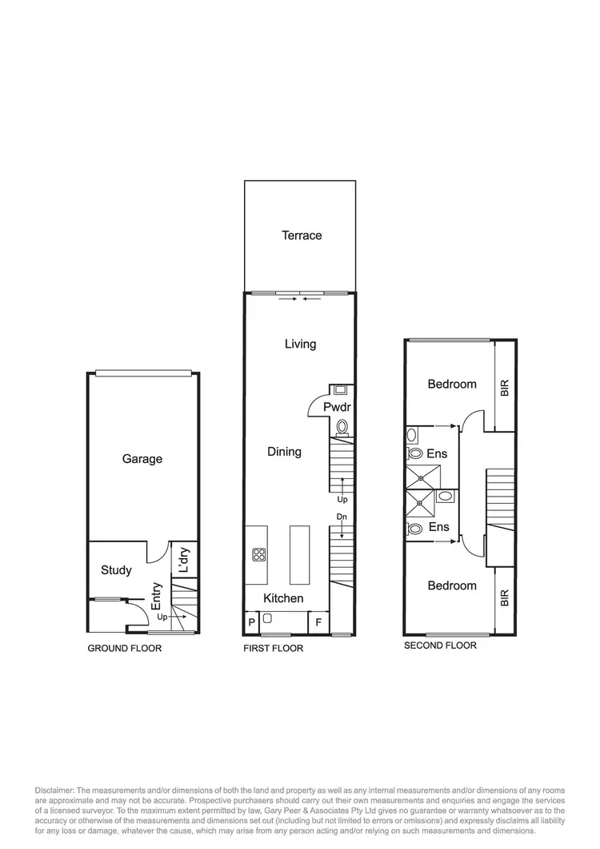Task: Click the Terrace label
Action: [x=302, y=235]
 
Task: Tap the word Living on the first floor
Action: [x=300, y=344]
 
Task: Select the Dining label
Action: [x=284, y=452]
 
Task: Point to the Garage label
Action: [x=142, y=459]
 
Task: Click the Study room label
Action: [x=116, y=570]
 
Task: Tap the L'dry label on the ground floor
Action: [x=184, y=561]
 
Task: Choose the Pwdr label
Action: [x=334, y=407]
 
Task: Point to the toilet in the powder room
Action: [x=343, y=427]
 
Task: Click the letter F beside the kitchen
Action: [x=318, y=622]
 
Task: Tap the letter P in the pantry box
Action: [x=251, y=622]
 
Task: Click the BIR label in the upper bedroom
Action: [x=504, y=388]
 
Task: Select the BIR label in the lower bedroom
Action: [x=504, y=598]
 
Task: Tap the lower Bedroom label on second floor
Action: [x=452, y=585]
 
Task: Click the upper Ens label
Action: [x=437, y=454]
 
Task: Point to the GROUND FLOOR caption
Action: [x=124, y=648]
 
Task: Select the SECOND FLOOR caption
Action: [x=440, y=646]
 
